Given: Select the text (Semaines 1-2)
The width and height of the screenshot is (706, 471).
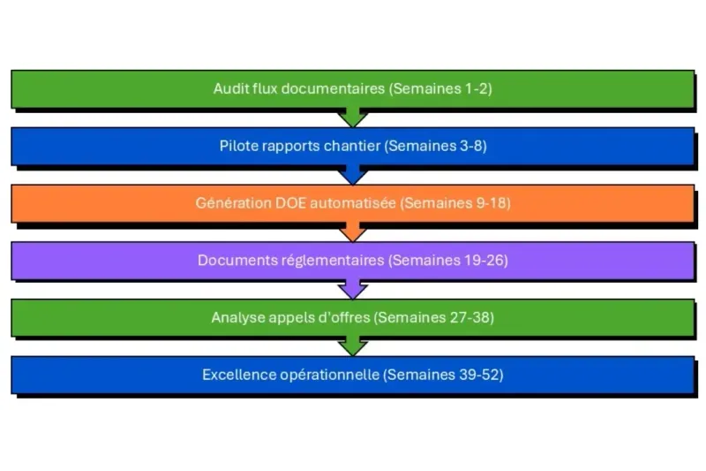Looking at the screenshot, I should coord(440,89).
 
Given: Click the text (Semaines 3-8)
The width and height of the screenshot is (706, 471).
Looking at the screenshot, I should coord(435,146).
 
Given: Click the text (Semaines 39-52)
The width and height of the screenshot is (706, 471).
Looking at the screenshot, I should coord(443,375).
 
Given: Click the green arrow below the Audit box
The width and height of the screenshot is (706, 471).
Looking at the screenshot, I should coord(353,118).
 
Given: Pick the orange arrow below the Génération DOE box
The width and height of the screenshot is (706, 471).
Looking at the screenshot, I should coord(353,232).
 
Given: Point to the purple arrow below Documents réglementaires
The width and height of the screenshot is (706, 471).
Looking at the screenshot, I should coord(353,289).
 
